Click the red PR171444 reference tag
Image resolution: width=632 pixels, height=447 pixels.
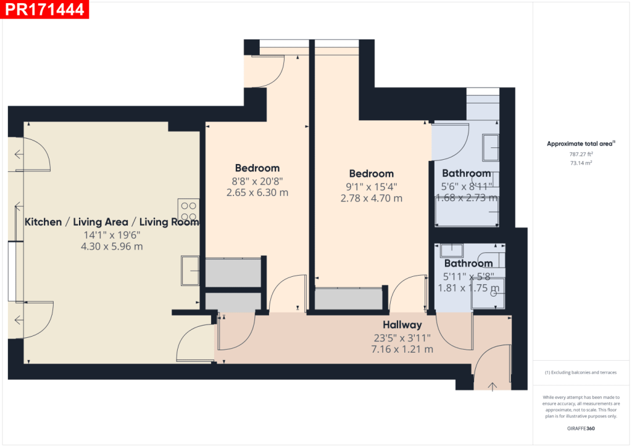pyautogui.click(x=44, y=9)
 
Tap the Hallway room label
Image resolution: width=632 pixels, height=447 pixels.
pyautogui.click(x=402, y=325)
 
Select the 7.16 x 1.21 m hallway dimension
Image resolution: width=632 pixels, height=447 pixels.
pyautogui.click(x=402, y=349)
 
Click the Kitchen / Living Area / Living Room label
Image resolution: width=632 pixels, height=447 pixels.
pyautogui.click(x=112, y=222)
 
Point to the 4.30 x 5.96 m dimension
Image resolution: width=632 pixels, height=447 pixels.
pyautogui.click(x=112, y=247)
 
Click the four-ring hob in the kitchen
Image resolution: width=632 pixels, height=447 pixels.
pyautogui.click(x=188, y=210)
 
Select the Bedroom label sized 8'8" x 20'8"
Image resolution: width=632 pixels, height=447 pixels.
pyautogui.click(x=257, y=168)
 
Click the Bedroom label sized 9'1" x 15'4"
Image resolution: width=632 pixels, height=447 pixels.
pyautogui.click(x=371, y=173)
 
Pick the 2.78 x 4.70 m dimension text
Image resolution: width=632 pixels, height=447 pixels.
pyautogui.click(x=371, y=199)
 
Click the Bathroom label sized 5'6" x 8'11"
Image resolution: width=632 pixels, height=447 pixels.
pyautogui.click(x=467, y=173)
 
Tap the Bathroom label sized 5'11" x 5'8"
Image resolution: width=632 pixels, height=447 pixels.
pyautogui.click(x=468, y=263)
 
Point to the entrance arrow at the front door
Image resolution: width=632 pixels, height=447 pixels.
pyautogui.click(x=493, y=387)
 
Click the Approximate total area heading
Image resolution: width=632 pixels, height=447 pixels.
pyautogui.click(x=580, y=144)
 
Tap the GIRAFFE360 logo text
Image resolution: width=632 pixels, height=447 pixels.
pyautogui.click(x=581, y=428)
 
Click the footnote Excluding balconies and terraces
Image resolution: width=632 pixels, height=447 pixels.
pyautogui.click(x=580, y=372)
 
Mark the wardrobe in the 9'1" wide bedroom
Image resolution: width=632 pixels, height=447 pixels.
pyautogui.click(x=348, y=300)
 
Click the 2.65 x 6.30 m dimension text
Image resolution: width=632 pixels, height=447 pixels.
pyautogui.click(x=257, y=192)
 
